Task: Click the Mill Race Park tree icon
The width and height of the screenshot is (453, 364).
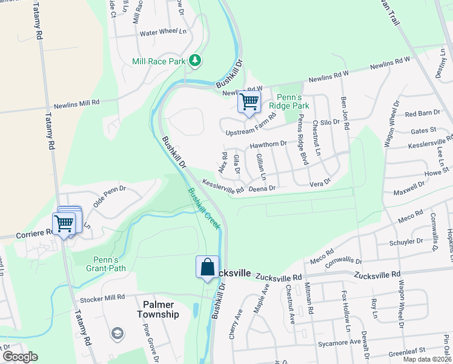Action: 195,60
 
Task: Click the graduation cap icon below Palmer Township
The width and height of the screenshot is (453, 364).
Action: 117,333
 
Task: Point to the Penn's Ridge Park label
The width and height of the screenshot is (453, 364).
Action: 293,101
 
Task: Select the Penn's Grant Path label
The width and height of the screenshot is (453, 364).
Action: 102,264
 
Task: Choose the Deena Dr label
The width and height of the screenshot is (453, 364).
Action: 262,189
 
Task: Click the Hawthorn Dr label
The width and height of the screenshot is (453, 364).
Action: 268,144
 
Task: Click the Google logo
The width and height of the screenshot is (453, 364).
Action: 19,357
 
